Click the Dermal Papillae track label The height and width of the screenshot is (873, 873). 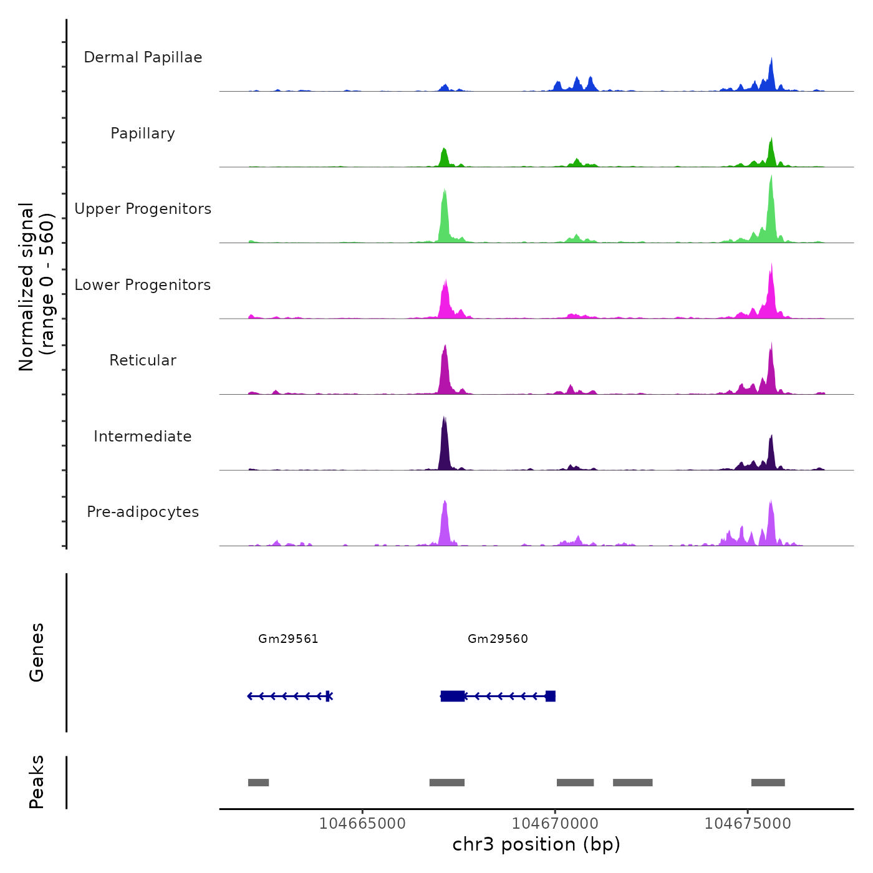coord(143,57)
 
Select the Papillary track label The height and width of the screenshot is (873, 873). coord(143,133)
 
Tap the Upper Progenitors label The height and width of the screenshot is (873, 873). coord(143,209)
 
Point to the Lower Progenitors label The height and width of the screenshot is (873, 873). coord(143,285)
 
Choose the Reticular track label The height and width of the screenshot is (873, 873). coord(143,360)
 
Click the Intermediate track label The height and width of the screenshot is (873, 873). coord(143,436)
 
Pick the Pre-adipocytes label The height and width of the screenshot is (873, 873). coord(143,512)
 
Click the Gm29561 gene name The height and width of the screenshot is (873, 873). coord(288,639)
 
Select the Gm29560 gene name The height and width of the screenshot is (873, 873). coord(498,639)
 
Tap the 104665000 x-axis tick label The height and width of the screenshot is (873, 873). coord(362,824)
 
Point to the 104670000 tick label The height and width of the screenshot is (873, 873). coord(555,824)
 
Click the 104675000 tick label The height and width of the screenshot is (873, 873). coord(748,824)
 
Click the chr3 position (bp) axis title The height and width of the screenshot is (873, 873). coord(536,844)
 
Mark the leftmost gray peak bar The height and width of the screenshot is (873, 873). coord(258,783)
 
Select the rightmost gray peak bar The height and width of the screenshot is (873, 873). coord(768,783)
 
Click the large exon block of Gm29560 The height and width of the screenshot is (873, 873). coord(452,696)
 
